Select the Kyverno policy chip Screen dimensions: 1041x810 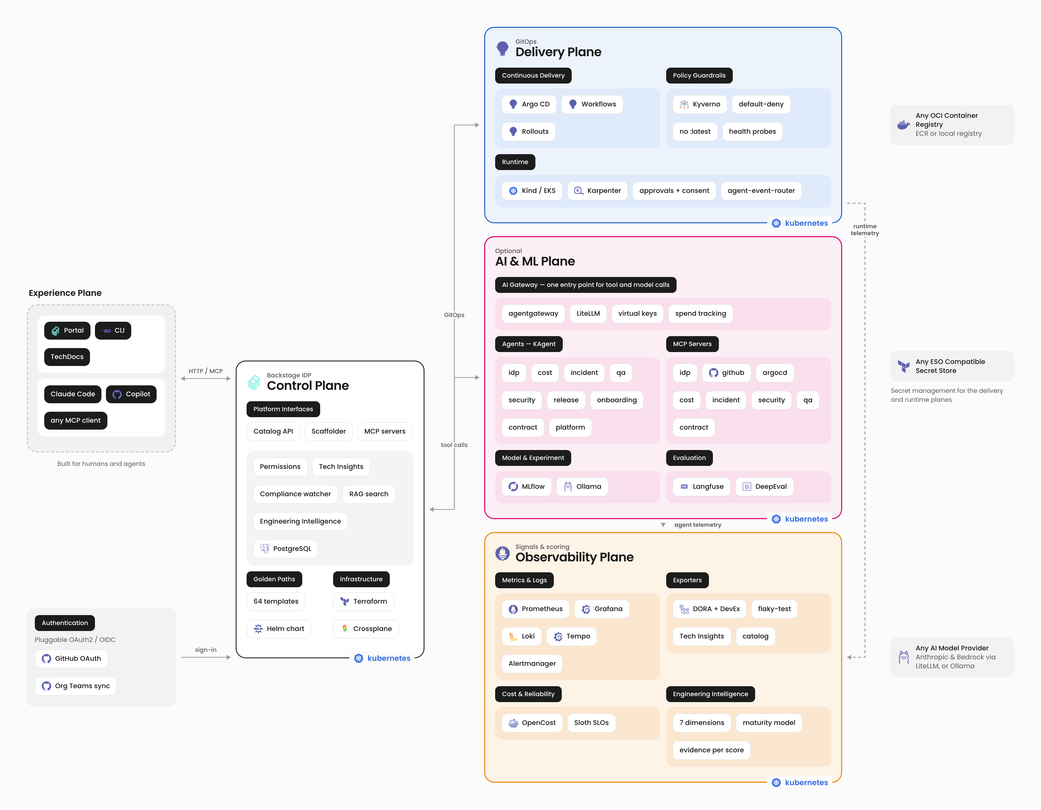point(700,104)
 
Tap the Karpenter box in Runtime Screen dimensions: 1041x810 point(597,191)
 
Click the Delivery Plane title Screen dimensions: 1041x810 point(558,52)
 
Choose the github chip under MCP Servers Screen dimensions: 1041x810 point(726,373)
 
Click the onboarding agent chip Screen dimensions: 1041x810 point(617,400)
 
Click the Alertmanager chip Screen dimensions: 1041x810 point(532,664)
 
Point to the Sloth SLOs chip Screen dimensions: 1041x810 point(591,723)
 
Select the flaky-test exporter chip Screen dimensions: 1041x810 point(774,609)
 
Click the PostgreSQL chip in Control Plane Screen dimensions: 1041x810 point(286,549)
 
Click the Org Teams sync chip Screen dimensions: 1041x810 point(76,686)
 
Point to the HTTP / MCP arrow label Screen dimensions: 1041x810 point(205,371)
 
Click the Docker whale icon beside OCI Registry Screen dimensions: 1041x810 point(903,125)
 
